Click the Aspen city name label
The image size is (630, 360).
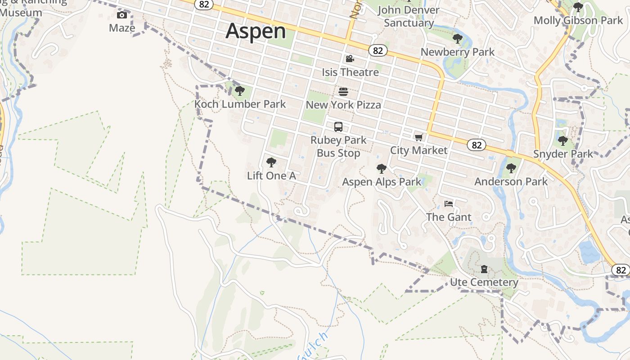click(256, 31)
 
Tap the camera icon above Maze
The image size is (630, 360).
click(122, 15)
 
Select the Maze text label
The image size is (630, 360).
click(122, 28)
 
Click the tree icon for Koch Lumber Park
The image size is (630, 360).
click(240, 91)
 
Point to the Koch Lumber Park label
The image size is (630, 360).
click(240, 104)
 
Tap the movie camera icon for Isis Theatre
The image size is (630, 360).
click(350, 59)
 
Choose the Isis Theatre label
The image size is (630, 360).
click(350, 72)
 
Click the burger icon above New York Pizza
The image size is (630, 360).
click(343, 92)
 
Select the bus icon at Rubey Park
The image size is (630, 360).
click(338, 127)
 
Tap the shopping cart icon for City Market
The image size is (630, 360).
click(419, 137)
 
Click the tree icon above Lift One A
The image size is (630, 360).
click(271, 162)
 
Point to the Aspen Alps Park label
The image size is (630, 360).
click(382, 182)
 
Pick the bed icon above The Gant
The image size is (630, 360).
click(448, 204)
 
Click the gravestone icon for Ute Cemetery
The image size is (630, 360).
click(484, 269)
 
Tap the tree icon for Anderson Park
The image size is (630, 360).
click(511, 169)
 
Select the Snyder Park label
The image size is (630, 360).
click(563, 154)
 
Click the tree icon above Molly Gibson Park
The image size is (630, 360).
click(578, 7)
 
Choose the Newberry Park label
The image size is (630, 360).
click(457, 52)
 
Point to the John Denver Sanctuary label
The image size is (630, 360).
click(409, 16)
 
